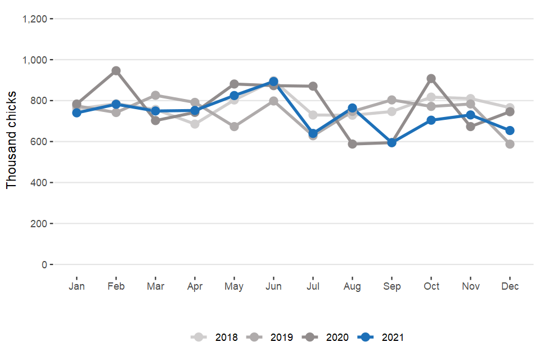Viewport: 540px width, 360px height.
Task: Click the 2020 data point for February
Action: tap(116, 71)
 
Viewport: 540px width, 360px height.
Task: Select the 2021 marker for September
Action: tap(391, 142)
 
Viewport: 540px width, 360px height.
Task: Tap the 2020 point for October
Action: tap(431, 79)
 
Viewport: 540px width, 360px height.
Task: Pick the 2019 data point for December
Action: tap(510, 144)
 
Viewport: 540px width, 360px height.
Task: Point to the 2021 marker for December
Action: tap(510, 130)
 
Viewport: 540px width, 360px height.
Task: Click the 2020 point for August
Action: tap(352, 144)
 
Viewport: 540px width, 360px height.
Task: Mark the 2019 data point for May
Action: tap(234, 127)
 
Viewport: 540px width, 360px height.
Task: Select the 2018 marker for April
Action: tap(195, 124)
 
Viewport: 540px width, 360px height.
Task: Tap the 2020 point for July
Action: tap(313, 86)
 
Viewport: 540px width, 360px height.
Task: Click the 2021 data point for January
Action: tap(76, 112)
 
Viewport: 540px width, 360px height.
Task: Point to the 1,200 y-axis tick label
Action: tap(34, 19)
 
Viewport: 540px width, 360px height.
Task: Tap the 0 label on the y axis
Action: tap(44, 264)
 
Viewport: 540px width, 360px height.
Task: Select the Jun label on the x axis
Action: tap(273, 286)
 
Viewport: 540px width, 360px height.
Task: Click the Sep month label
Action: tap(391, 286)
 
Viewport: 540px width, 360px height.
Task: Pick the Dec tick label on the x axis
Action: tap(510, 286)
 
